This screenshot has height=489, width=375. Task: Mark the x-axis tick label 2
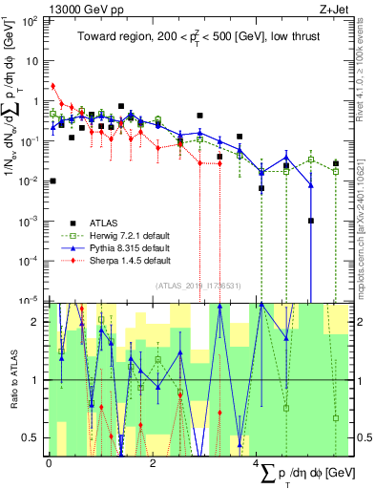pyautogui.click(x=154, y=463)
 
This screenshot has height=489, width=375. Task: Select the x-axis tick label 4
pyautogui.click(x=258, y=463)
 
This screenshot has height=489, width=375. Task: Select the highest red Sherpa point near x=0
pyautogui.click(x=53, y=85)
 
